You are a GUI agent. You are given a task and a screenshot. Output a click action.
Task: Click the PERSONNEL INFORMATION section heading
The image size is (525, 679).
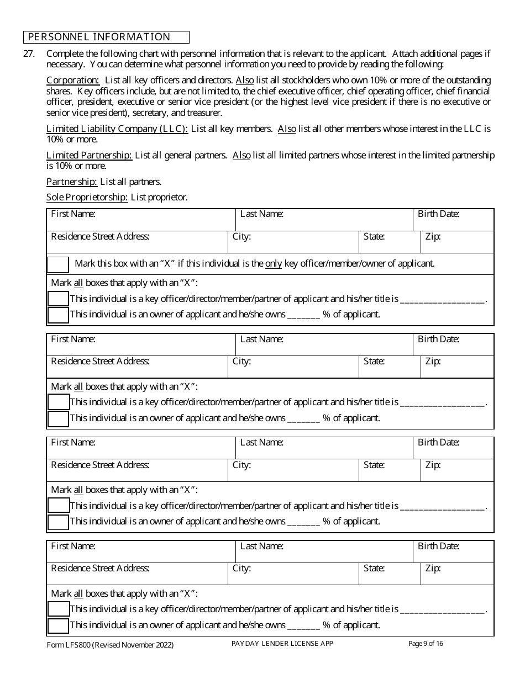(99, 37)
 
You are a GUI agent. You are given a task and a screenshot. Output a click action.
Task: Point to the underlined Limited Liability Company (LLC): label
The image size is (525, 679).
(117, 129)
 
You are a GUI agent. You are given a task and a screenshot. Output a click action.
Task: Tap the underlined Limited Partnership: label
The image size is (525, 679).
(89, 155)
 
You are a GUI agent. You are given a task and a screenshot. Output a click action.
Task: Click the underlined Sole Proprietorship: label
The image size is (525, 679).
(87, 197)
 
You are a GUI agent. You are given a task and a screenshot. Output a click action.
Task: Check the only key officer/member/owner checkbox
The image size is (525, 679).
(58, 264)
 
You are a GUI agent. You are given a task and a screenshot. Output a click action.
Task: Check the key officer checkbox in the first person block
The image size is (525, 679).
(58, 299)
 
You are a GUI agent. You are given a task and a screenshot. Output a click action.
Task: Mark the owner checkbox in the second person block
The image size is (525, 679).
(58, 419)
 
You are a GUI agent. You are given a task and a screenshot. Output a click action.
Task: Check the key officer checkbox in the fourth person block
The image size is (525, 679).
(58, 609)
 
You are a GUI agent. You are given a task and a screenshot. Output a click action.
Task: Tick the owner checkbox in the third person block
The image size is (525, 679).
(58, 522)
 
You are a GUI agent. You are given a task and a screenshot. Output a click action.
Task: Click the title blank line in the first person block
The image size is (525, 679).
(442, 300)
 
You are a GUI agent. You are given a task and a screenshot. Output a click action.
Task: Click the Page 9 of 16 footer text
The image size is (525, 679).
(426, 643)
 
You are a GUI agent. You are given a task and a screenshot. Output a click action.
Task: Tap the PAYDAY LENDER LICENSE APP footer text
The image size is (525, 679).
(282, 644)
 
